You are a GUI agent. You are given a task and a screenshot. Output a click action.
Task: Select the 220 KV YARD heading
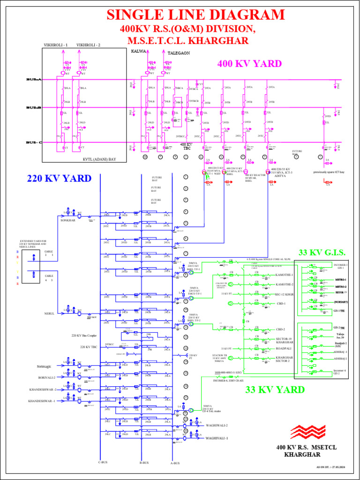point(59,178)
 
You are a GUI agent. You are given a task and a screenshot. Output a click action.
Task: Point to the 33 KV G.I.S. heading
point(322,253)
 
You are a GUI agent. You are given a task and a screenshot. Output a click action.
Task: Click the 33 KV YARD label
point(275,390)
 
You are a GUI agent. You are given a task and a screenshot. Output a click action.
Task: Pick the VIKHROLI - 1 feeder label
point(56,45)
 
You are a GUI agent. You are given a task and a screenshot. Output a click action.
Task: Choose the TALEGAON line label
point(179,53)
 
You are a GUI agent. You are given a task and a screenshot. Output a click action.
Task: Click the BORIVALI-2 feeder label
point(47,377)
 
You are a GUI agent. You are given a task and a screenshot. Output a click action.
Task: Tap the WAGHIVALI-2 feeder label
point(217,426)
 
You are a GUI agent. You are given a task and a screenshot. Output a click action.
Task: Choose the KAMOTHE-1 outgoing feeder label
point(285,275)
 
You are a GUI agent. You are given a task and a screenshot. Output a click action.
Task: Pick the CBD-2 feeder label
point(281,330)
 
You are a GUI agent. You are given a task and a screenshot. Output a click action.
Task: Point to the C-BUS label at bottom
point(103,463)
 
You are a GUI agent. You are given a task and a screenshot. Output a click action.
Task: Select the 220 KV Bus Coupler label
point(86,336)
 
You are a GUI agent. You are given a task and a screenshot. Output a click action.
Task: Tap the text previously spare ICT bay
point(332,172)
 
